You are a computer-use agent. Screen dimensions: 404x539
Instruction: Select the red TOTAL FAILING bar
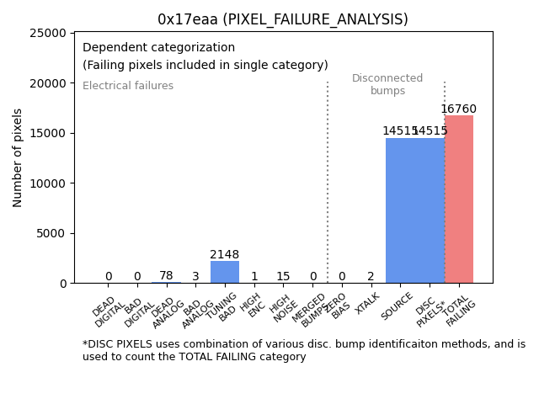point(459,199)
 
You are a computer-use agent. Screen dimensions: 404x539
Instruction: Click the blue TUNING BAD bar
point(225,272)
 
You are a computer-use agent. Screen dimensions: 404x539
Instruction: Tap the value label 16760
point(458,109)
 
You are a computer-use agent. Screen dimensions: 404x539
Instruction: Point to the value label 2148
point(225,255)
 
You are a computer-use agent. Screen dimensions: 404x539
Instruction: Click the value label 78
point(166,276)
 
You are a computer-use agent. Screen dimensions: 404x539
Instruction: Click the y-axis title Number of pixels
point(18,158)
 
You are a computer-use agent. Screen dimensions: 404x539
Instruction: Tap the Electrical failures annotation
point(128,86)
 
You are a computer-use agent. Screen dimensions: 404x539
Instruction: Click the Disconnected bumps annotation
point(387,84)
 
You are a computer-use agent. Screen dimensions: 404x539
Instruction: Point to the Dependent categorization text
point(158,47)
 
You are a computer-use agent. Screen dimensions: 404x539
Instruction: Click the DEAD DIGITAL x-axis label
point(107,311)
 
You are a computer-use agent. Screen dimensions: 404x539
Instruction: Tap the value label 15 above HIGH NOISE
point(283,277)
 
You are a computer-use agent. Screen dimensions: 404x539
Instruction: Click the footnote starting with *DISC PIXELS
point(303,350)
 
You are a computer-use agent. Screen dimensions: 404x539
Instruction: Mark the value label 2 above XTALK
point(371,277)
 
